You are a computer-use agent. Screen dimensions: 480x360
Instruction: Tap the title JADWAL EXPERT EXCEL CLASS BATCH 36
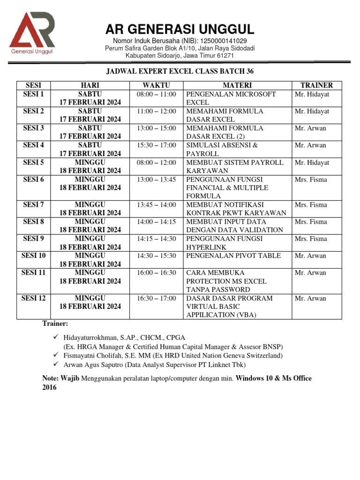click(180, 71)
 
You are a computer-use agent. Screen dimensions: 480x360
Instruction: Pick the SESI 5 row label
click(33, 162)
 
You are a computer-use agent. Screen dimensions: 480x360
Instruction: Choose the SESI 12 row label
click(33, 298)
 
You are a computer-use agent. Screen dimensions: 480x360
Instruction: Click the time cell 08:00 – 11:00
click(156, 94)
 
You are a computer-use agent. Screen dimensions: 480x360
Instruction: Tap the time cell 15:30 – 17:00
click(156, 145)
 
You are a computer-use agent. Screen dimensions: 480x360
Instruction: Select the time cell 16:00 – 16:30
click(156, 273)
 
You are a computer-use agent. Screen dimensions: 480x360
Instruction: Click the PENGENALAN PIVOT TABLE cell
click(233, 256)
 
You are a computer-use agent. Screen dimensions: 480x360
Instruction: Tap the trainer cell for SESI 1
click(312, 94)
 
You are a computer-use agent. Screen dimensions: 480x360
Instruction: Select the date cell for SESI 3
click(90, 132)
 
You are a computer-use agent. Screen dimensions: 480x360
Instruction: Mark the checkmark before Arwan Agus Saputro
click(56, 364)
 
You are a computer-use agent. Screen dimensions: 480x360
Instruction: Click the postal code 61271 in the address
click(224, 56)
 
